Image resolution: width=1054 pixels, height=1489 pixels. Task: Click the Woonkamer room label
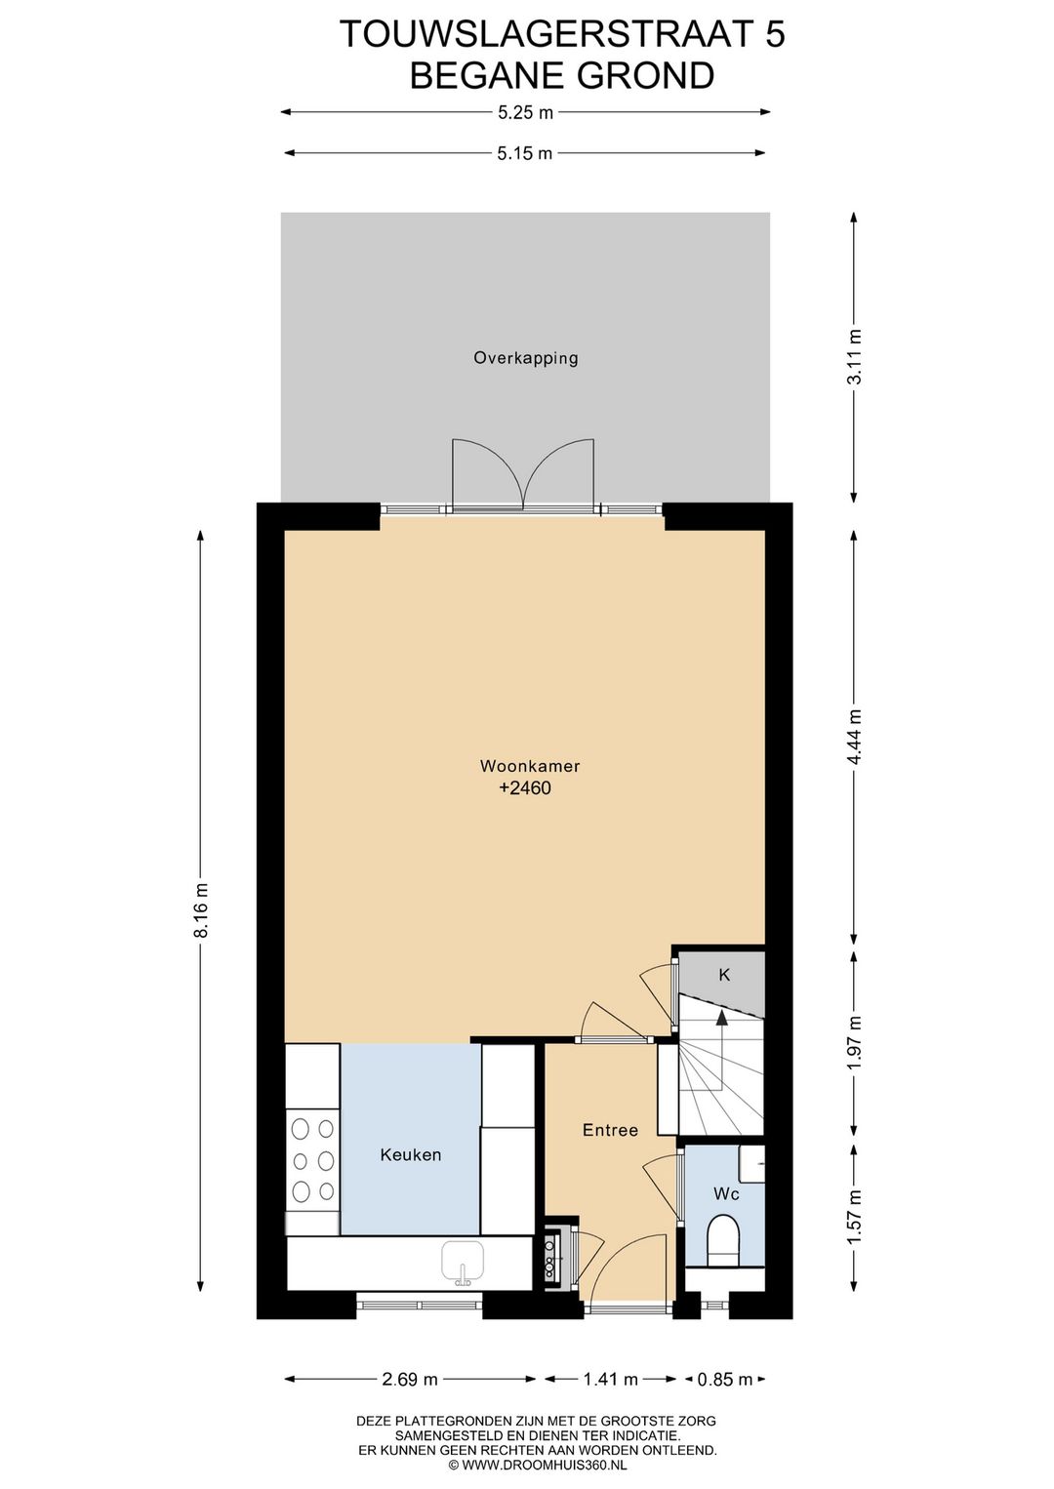tap(529, 766)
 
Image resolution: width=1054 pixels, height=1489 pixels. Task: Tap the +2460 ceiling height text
tap(525, 788)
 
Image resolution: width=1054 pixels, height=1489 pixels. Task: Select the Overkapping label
tap(525, 358)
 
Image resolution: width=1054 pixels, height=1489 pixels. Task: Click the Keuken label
tap(410, 1154)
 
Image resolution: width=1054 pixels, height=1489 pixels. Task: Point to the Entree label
tap(610, 1130)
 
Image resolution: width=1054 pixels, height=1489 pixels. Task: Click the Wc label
tap(726, 1194)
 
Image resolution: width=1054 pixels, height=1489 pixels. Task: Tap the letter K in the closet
tap(725, 975)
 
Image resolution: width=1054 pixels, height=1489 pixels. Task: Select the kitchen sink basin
tap(463, 1259)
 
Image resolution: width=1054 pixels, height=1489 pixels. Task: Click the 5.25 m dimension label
tap(525, 113)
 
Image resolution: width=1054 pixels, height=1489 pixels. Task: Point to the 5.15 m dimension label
tap(525, 153)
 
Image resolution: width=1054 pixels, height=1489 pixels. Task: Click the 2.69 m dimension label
tap(410, 1380)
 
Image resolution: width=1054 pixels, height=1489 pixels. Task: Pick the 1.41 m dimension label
tap(611, 1380)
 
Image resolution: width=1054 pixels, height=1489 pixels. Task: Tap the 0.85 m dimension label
tap(724, 1380)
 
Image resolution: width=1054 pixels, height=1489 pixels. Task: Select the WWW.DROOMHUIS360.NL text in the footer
tap(544, 1478)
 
